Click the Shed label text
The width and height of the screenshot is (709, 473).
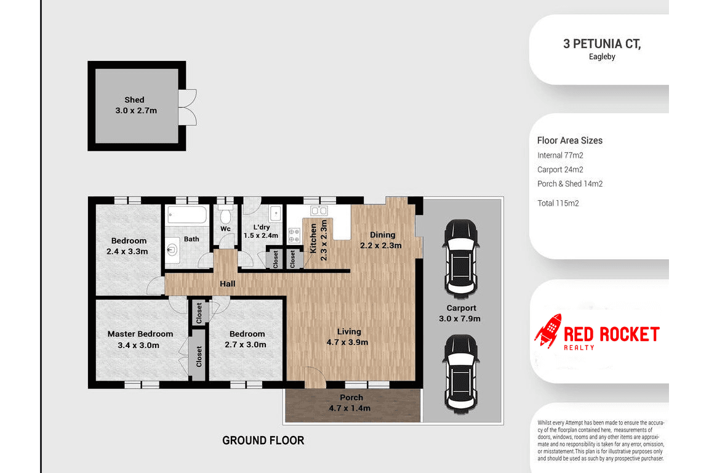pyautogui.click(x=134, y=100)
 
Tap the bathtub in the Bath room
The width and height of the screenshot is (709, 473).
pyautogui.click(x=186, y=214)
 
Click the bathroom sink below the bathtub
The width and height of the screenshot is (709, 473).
pyautogui.click(x=172, y=249)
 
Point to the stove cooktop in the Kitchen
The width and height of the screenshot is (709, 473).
pyautogui.click(x=294, y=235)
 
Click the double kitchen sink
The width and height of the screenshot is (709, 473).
pyautogui.click(x=319, y=211)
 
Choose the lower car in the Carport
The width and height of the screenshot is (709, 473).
pyautogui.click(x=461, y=373)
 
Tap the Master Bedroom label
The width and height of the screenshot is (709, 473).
pyautogui.click(x=140, y=334)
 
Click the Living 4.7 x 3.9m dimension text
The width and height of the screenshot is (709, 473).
pyautogui.click(x=347, y=342)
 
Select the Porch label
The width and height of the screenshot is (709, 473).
pyautogui.click(x=351, y=397)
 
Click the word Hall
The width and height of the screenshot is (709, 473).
pyautogui.click(x=228, y=284)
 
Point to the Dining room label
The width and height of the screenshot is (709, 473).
pyautogui.click(x=383, y=235)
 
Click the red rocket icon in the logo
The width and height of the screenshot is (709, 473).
pyautogui.click(x=548, y=331)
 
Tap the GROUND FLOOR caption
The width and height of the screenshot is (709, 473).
pyautogui.click(x=263, y=440)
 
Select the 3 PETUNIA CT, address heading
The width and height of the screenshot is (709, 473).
pyautogui.click(x=602, y=44)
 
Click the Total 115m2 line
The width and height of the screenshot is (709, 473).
pyautogui.click(x=558, y=203)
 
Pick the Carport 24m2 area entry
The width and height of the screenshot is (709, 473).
pyautogui.click(x=560, y=170)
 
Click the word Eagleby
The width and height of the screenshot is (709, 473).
pyautogui.click(x=602, y=57)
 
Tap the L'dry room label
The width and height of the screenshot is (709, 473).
pyautogui.click(x=262, y=227)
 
